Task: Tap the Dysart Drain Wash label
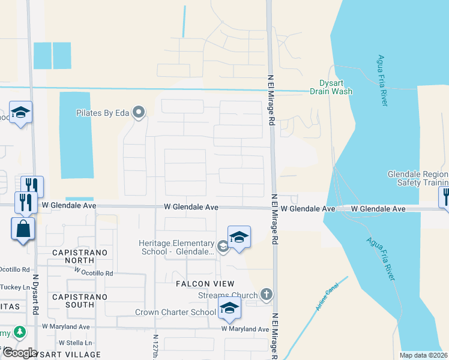331,88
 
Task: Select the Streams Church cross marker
267,295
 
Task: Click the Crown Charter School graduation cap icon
229,309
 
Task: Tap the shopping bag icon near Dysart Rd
22,229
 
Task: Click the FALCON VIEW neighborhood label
204,283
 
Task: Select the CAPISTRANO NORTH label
79,253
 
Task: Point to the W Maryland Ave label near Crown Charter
245,329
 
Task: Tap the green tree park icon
20,331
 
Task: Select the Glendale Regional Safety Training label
418,178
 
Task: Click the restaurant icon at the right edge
445,196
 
